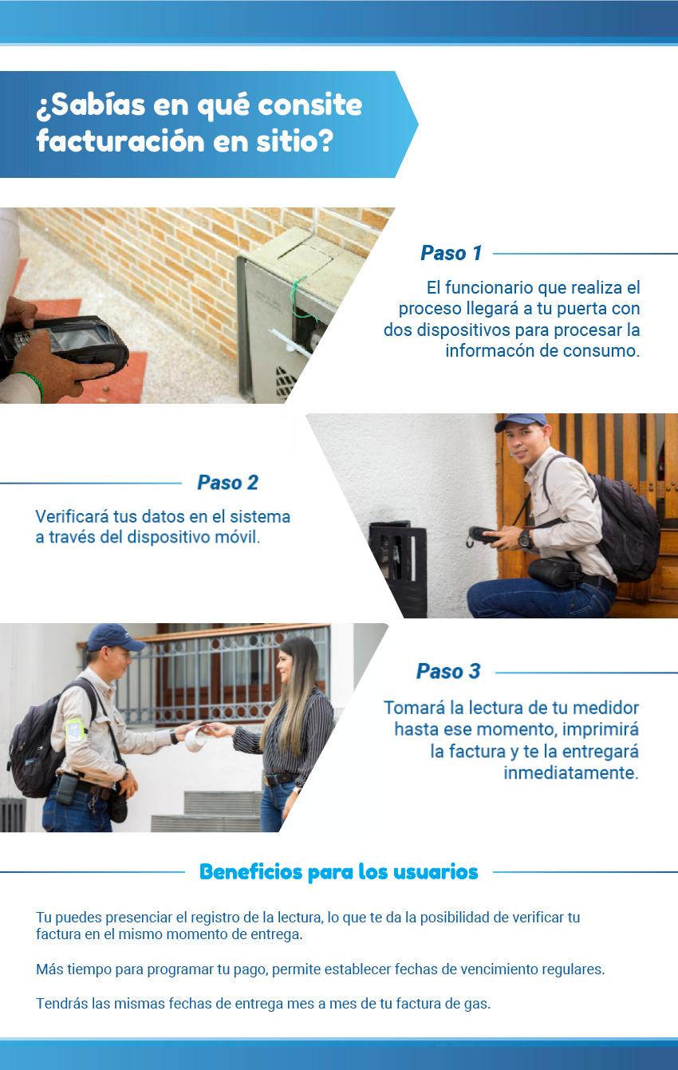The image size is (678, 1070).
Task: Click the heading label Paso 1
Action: [x=451, y=253]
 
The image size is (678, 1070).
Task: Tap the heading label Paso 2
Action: [x=228, y=483]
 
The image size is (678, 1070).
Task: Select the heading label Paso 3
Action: [x=447, y=671]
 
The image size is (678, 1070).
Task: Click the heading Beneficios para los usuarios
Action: [x=338, y=872]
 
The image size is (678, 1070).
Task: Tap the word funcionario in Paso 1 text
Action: [x=489, y=287]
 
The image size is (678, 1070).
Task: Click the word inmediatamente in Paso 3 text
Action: [x=571, y=772]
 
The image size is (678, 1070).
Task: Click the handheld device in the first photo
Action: [x=65, y=343]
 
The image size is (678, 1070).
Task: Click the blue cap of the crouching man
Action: [x=521, y=421]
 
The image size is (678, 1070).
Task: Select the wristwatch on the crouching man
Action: [x=525, y=539]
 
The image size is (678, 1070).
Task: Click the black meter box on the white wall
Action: [x=398, y=568]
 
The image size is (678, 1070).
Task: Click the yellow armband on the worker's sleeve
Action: [x=75, y=731]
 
